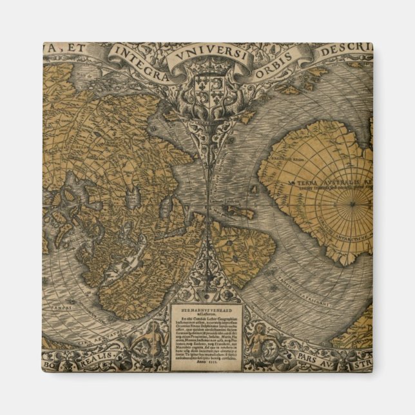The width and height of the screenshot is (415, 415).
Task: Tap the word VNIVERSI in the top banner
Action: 206,55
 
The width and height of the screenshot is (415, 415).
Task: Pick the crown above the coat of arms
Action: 206,76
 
